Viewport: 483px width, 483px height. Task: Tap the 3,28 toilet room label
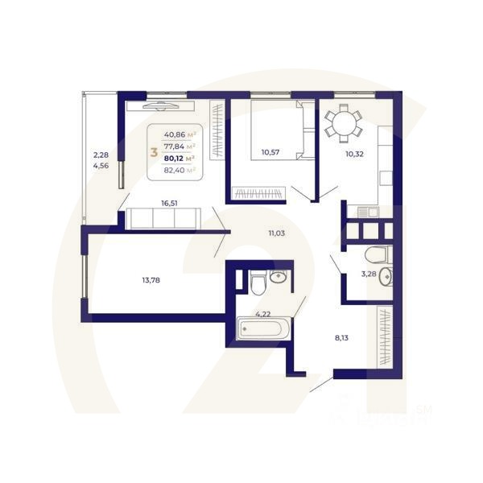369,275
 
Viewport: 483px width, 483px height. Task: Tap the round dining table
343,122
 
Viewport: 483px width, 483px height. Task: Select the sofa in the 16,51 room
163,218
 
